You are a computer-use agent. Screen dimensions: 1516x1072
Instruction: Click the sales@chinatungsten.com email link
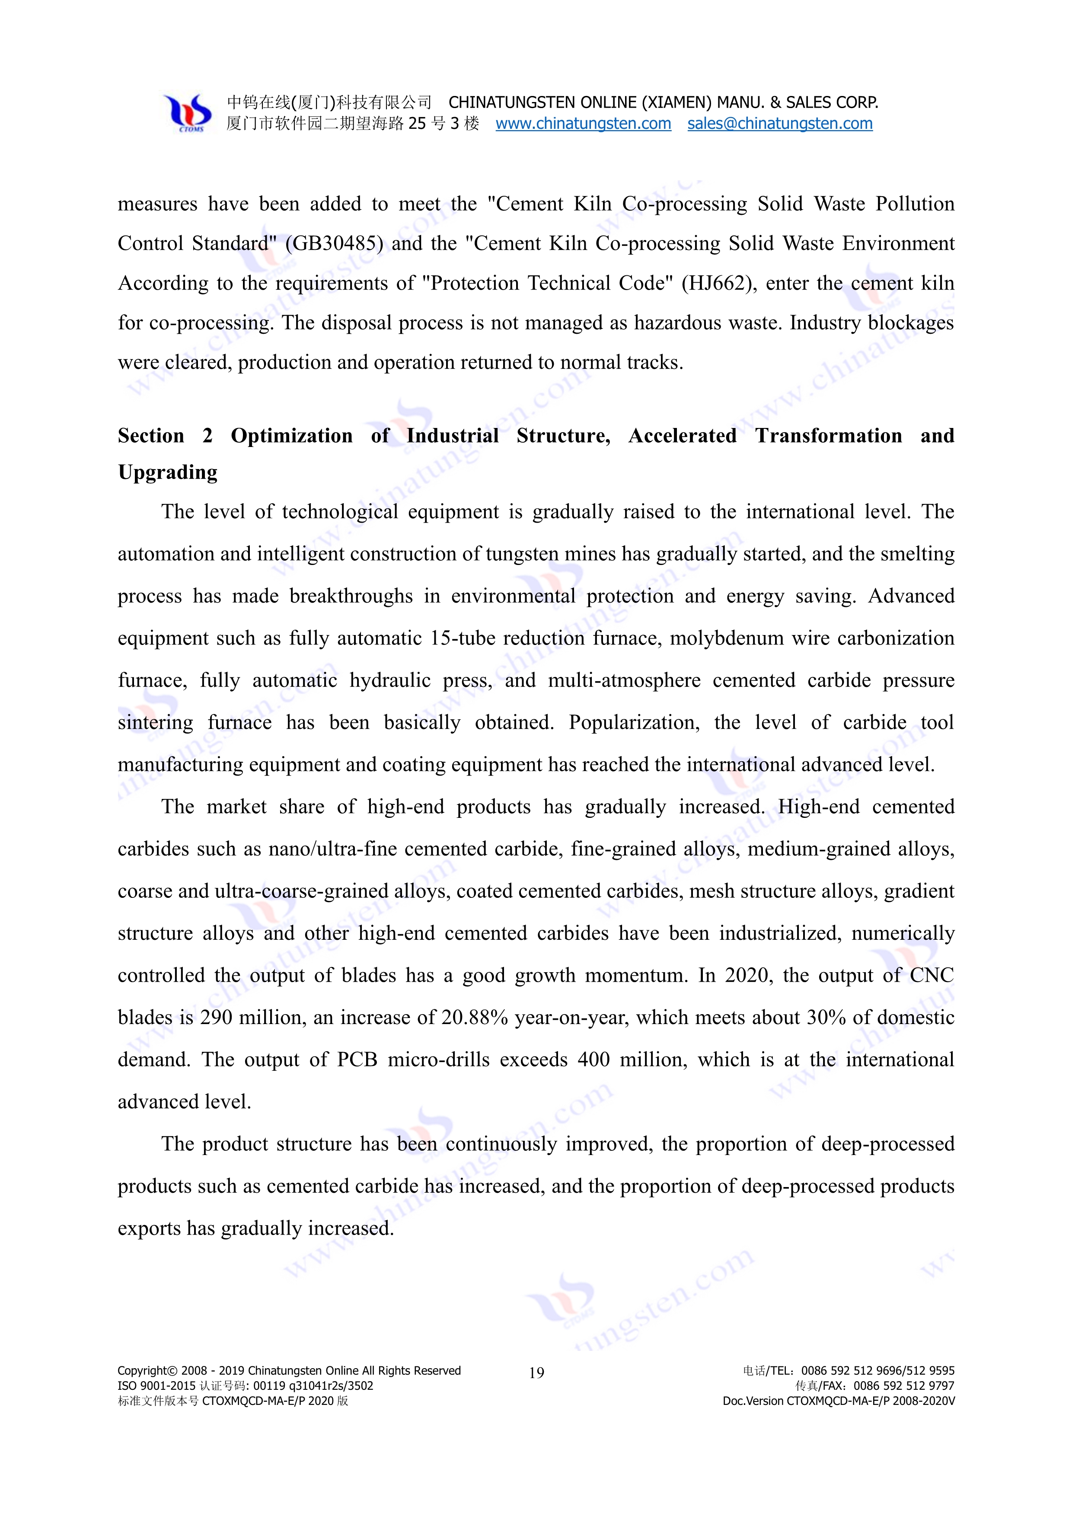point(779,124)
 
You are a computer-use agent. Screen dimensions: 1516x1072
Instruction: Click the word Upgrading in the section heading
point(168,473)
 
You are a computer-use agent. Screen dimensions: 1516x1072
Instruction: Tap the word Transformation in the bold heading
point(829,436)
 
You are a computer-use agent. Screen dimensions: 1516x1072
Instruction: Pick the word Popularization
point(633,722)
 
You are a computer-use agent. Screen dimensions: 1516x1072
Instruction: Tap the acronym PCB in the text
point(357,1060)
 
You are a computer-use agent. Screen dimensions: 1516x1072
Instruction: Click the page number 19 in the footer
point(536,1373)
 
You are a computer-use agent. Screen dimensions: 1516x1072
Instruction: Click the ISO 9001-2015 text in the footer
point(157,1386)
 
